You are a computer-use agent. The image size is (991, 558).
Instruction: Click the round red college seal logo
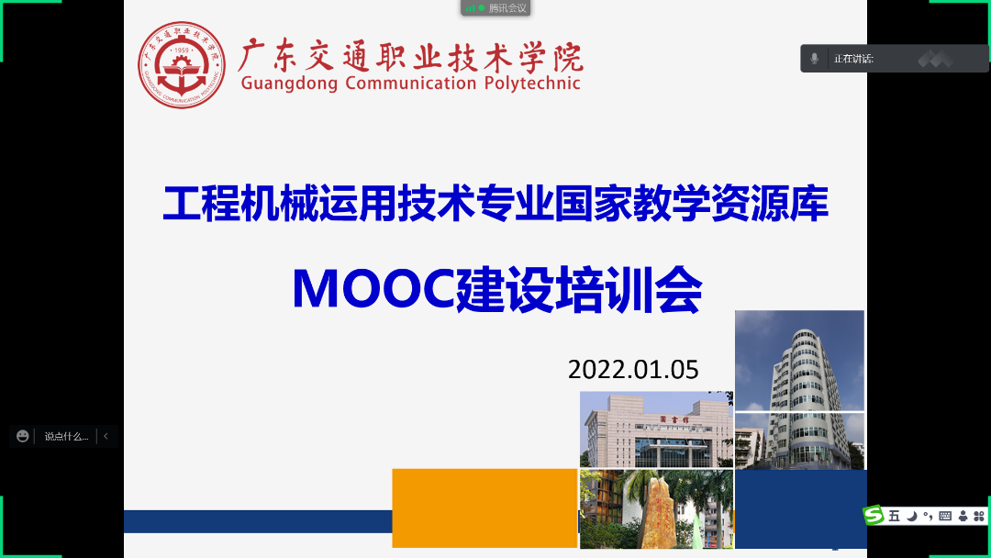click(x=182, y=65)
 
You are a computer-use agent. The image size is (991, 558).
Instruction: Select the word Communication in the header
click(x=411, y=83)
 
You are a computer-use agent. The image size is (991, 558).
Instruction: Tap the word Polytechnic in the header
click(x=532, y=84)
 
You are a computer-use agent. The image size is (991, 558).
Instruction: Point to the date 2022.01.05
click(x=633, y=370)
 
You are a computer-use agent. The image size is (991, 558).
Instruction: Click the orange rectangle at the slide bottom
click(x=484, y=508)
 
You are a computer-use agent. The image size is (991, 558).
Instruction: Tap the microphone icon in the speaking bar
click(x=814, y=59)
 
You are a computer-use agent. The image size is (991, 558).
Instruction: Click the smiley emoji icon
click(x=23, y=436)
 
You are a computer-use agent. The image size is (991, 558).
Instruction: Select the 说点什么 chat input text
click(x=66, y=437)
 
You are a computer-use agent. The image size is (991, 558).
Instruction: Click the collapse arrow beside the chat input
click(x=106, y=436)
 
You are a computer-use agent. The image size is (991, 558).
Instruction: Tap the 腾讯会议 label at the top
click(x=507, y=8)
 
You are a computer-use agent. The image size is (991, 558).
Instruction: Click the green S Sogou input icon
click(x=874, y=515)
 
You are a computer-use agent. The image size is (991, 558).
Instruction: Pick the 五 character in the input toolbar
click(x=894, y=517)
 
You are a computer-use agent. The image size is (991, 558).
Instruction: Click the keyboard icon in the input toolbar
click(x=945, y=517)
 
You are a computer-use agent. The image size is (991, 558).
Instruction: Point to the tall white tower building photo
click(x=799, y=390)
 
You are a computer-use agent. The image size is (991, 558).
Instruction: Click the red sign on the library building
click(x=674, y=419)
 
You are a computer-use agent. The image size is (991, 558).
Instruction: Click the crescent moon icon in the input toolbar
click(x=911, y=517)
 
